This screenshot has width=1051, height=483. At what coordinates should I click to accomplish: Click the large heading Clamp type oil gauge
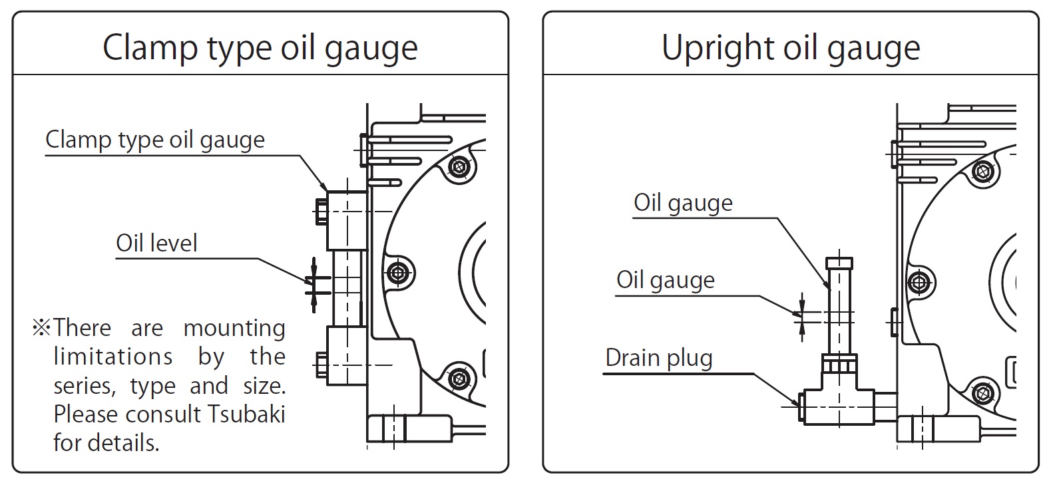(260, 48)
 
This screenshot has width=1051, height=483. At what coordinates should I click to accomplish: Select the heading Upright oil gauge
(790, 48)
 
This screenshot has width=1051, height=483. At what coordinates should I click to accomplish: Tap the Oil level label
(156, 243)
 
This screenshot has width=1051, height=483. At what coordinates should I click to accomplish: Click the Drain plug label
(658, 358)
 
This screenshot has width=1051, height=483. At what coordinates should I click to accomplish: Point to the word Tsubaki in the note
(246, 414)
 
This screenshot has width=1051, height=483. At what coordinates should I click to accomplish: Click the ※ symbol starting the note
(41, 328)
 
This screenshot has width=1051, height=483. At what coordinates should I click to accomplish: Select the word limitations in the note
(113, 357)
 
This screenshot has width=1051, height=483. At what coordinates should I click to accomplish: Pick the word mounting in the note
(234, 329)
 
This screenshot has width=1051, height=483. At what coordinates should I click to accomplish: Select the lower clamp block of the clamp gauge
(347, 355)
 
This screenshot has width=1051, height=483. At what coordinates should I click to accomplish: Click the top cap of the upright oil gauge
(839, 263)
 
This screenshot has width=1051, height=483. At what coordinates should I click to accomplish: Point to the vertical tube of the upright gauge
(839, 313)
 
